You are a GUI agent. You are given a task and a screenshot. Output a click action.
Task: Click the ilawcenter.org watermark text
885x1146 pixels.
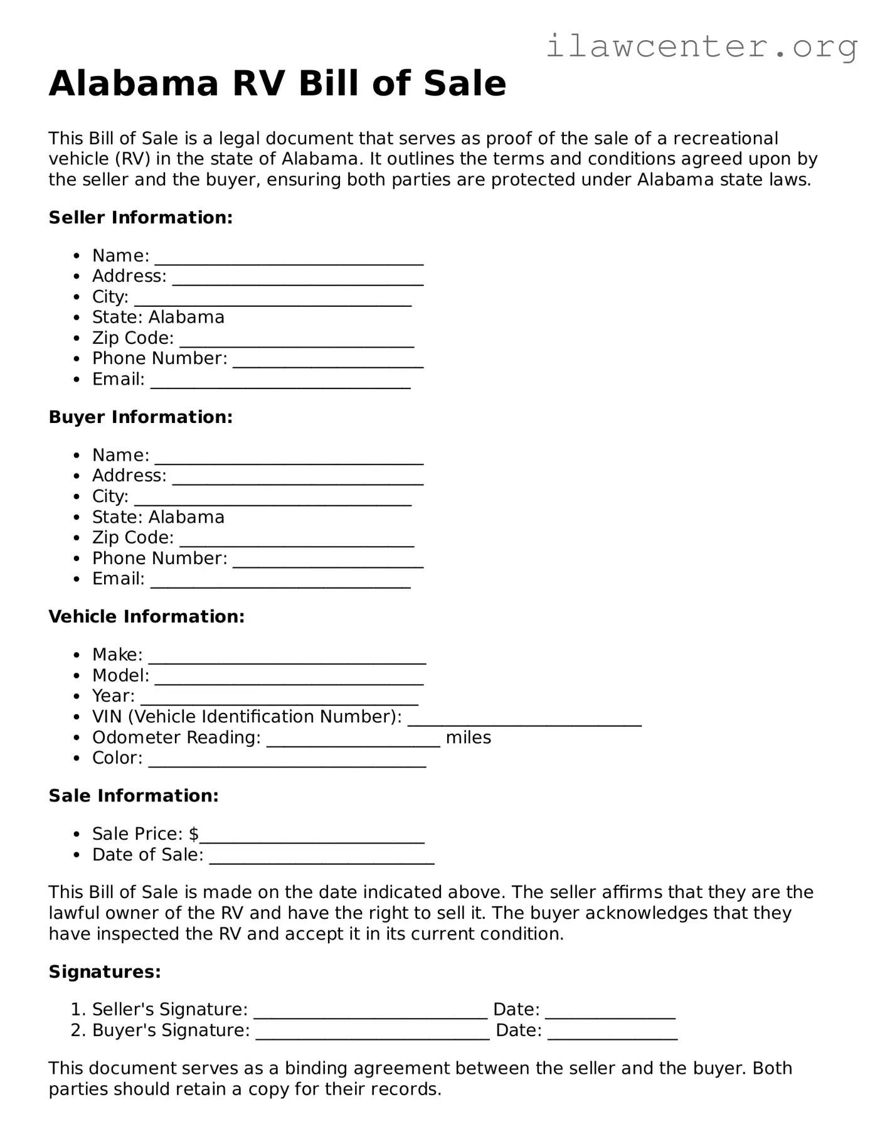702,46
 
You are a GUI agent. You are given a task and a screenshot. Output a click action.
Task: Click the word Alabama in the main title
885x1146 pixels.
134,83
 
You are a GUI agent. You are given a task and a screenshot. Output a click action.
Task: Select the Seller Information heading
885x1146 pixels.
140,218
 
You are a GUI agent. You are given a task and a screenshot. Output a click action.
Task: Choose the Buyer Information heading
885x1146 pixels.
140,417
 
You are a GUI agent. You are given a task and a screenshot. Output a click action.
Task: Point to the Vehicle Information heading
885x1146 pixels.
146,617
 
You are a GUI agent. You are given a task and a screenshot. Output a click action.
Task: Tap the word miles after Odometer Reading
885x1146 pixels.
469,737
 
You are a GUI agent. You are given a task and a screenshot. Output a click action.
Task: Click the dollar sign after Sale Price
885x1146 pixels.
194,834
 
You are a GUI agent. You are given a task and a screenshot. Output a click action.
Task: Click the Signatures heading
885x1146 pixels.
105,972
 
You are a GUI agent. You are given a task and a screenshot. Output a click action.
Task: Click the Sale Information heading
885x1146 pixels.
134,796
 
